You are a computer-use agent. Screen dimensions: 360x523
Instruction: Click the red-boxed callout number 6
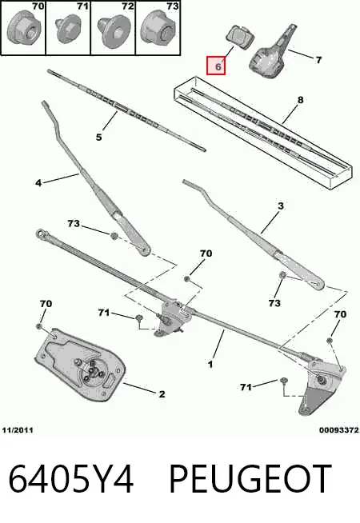(x=218, y=66)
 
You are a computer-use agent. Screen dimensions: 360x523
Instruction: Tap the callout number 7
(x=318, y=60)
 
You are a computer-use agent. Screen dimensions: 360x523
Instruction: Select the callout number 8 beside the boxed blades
(x=300, y=100)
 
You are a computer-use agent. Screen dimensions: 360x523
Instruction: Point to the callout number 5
(x=98, y=137)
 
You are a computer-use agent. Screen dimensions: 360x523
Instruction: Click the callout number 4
(x=38, y=183)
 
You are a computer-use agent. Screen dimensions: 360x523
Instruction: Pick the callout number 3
(x=281, y=206)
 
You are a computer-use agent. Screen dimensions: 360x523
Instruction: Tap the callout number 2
(x=162, y=394)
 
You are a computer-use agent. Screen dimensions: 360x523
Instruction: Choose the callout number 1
(x=210, y=364)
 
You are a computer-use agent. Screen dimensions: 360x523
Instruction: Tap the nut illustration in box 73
(x=157, y=28)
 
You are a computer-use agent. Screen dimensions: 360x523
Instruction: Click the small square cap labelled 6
(x=239, y=36)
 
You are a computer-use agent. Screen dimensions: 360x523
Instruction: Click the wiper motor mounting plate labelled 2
(x=80, y=365)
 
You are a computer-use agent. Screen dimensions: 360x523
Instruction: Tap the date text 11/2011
(x=18, y=430)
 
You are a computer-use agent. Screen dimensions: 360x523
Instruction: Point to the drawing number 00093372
(x=338, y=430)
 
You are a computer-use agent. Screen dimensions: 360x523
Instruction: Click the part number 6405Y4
(x=70, y=479)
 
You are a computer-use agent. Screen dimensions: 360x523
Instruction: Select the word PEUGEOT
(x=250, y=479)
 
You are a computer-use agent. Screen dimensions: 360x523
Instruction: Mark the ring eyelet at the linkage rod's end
(x=41, y=234)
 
